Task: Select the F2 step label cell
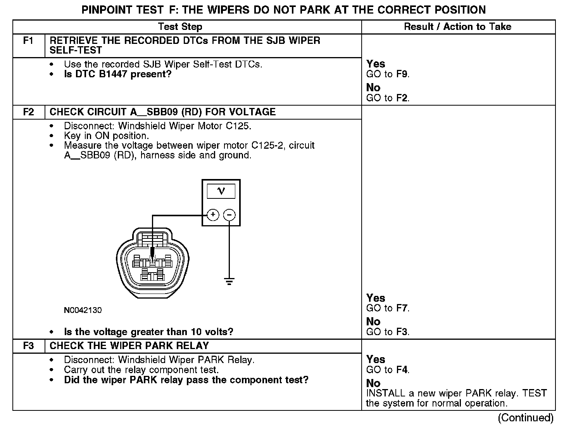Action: click(x=29, y=112)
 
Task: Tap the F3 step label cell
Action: click(x=29, y=346)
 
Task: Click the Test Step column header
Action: click(x=180, y=27)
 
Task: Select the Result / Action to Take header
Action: click(x=457, y=27)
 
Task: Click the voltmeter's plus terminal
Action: click(x=213, y=215)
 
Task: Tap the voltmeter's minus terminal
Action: click(x=229, y=215)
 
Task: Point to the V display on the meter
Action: click(x=221, y=191)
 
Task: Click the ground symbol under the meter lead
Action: click(x=229, y=281)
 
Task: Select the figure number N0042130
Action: click(x=83, y=310)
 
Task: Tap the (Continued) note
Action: click(x=526, y=418)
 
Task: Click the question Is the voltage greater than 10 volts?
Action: click(x=148, y=332)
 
